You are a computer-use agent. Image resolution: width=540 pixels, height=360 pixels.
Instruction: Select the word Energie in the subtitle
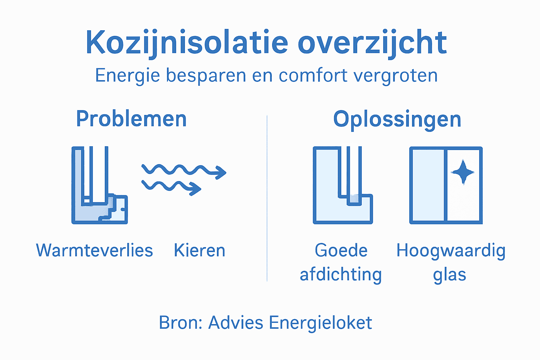tap(127, 76)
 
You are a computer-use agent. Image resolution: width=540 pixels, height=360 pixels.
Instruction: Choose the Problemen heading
tap(131, 119)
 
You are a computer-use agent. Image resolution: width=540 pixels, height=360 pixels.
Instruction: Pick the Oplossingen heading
tap(397, 120)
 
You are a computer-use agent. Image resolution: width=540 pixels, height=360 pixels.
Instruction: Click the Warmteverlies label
tap(94, 251)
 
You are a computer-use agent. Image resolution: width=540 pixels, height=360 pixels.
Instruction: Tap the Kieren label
tap(199, 251)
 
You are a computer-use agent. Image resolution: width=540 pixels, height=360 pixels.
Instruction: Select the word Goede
tap(341, 251)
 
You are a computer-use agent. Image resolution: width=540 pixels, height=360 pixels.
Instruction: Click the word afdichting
tap(341, 275)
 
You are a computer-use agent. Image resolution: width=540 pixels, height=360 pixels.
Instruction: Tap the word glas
tap(449, 275)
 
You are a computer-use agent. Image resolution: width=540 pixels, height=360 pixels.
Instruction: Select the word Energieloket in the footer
tap(320, 323)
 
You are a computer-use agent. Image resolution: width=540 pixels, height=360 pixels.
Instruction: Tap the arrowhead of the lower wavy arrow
tap(196, 189)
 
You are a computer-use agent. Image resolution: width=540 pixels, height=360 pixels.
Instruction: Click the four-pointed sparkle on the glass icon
tap(463, 172)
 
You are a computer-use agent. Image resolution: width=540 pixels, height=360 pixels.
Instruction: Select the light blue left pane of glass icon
tap(428, 185)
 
